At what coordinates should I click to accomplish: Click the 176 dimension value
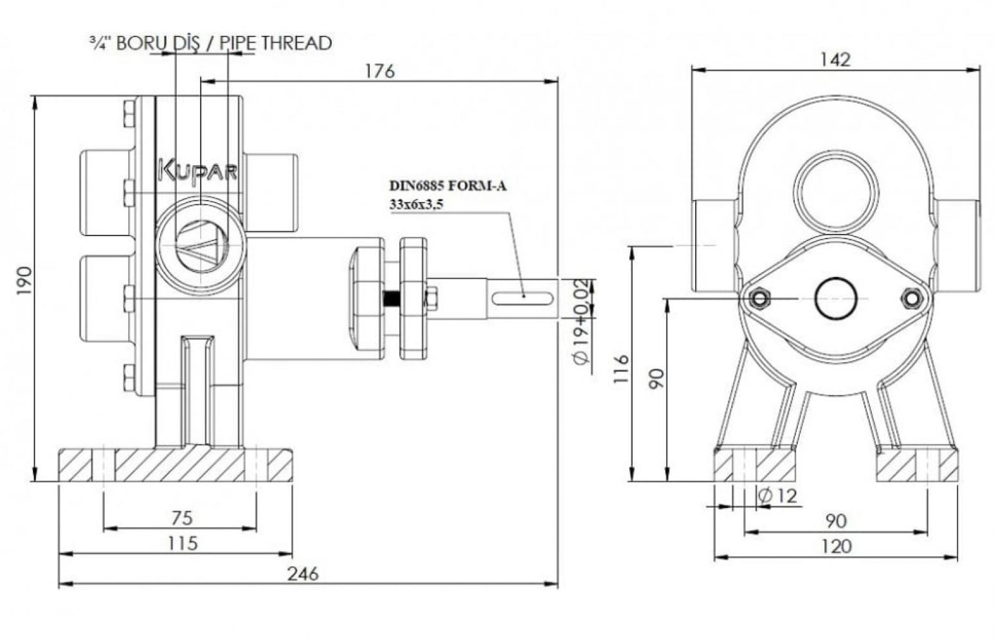coord(379,71)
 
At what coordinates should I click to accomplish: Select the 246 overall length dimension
coord(303,574)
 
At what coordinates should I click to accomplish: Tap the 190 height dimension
coord(24,280)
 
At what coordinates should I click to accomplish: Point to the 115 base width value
coord(183,543)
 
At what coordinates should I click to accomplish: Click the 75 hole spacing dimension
coord(182,518)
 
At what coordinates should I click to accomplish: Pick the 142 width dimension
coord(835,60)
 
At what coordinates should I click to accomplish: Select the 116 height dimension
coord(620,368)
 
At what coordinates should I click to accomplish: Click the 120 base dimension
coord(835,546)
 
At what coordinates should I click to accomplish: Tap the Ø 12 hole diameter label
coord(777,496)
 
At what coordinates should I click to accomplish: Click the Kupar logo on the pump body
coord(198,171)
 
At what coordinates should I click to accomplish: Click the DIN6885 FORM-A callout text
coord(448,185)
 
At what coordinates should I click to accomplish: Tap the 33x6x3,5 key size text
coord(416,204)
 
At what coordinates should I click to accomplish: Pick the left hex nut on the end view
coord(759,298)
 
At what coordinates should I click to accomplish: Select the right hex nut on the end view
coord(912,298)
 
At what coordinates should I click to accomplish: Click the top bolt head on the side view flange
coord(129,114)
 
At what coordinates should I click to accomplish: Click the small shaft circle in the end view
coord(835,298)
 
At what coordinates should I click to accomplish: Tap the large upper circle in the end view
coord(835,194)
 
